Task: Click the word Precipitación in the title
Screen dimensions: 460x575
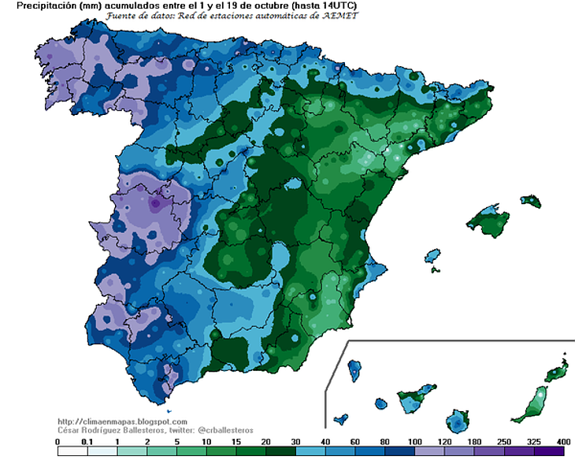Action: pyautogui.click(x=30, y=6)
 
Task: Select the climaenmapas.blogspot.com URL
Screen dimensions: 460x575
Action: pyautogui.click(x=123, y=422)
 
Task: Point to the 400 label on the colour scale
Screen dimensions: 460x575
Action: pyautogui.click(x=563, y=442)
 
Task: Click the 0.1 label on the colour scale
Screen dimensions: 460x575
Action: pyautogui.click(x=87, y=442)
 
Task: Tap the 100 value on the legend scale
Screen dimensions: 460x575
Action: pyautogui.click(x=414, y=442)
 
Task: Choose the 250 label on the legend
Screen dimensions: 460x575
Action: pyautogui.click(x=503, y=442)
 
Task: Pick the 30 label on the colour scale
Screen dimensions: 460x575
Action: pyautogui.click(x=295, y=442)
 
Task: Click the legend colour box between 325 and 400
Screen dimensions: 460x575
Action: pyautogui.click(x=548, y=452)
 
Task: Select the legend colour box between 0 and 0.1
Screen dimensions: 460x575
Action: pyautogui.click(x=72, y=452)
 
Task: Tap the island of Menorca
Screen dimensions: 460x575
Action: pyautogui.click(x=532, y=201)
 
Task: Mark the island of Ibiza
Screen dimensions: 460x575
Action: pyautogui.click(x=432, y=257)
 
